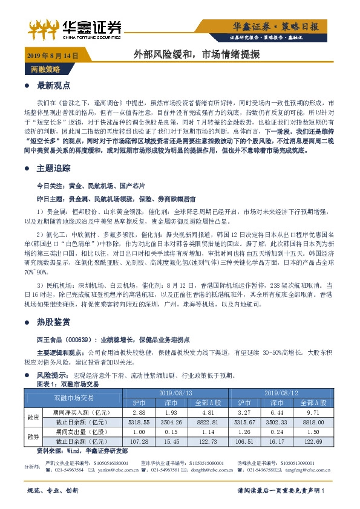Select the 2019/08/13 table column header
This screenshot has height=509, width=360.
coord(175,392)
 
